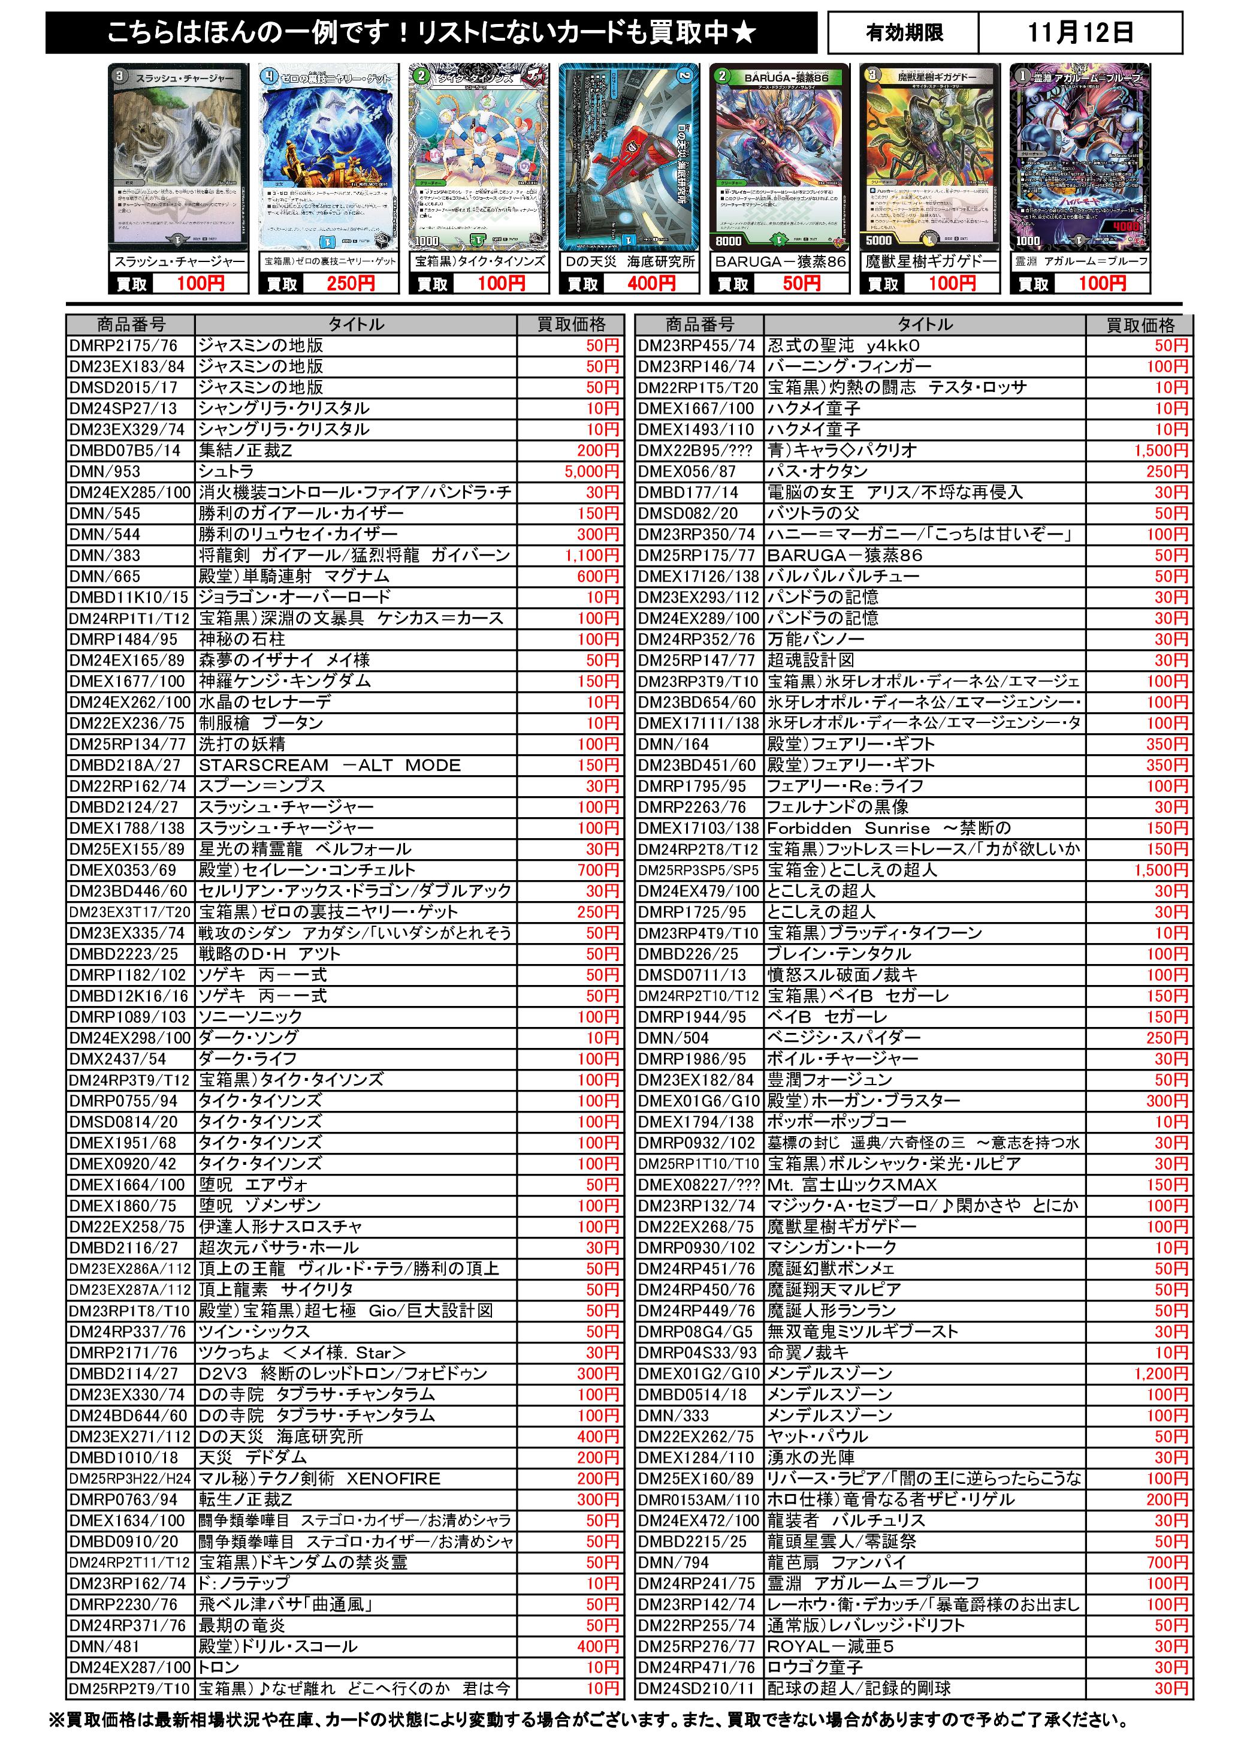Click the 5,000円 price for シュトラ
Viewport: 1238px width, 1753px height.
tap(591, 471)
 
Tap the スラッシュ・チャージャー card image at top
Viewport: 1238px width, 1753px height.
tap(179, 156)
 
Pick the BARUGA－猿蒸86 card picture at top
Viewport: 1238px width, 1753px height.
tap(778, 156)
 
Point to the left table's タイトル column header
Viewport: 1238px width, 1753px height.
tap(356, 324)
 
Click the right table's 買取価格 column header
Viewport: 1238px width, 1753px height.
tap(1140, 324)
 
